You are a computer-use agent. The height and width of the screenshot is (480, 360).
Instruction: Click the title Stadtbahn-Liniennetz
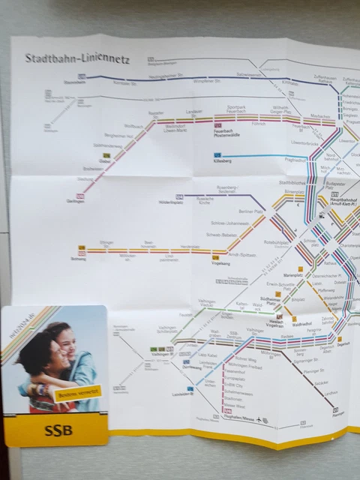click(77, 58)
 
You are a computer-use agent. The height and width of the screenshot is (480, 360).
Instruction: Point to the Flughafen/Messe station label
click(239, 418)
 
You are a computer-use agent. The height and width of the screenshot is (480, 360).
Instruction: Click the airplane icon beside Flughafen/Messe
click(259, 418)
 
